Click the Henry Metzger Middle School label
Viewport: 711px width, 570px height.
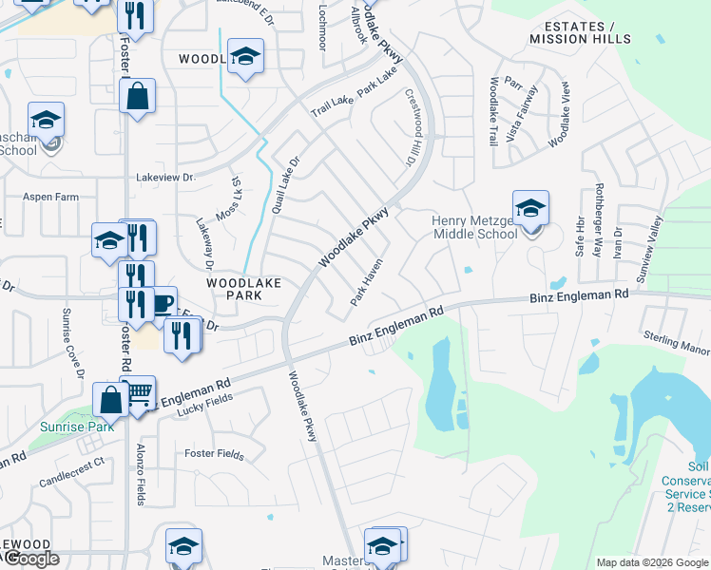coord(475,227)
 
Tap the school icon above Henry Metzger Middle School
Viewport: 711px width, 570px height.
coord(530,208)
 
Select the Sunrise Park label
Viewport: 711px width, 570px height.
coord(76,427)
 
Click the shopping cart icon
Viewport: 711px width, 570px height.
coord(139,392)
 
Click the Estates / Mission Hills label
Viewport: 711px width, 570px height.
coord(579,32)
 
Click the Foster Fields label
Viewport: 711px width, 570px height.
coord(214,454)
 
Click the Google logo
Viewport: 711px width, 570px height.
coord(30,560)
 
